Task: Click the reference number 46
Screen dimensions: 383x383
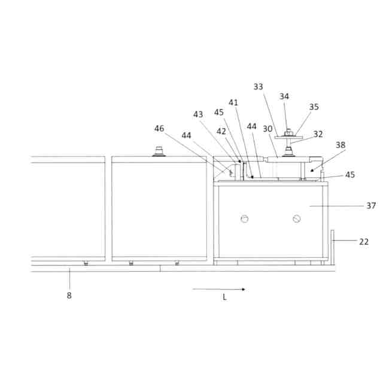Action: coord(159,128)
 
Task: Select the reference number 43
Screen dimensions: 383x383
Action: coord(198,114)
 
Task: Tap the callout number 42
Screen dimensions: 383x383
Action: coord(221,131)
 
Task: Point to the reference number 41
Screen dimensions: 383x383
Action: coord(233,102)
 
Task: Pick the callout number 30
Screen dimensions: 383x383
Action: coord(268,128)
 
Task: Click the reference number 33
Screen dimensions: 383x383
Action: coord(258,87)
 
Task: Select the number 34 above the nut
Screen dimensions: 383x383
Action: coord(285,96)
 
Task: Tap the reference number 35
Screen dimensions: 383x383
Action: coord(314,107)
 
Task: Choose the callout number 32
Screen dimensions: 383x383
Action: coord(318,134)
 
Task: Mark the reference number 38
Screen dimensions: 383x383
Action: coord(341,144)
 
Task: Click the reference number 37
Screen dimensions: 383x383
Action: coord(371,205)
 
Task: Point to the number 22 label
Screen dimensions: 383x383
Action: coord(364,242)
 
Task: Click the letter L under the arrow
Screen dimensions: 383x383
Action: coord(224,297)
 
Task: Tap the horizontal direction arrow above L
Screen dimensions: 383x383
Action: coord(218,289)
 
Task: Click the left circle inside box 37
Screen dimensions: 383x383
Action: coord(244,219)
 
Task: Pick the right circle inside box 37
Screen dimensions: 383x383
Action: coord(296,219)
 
